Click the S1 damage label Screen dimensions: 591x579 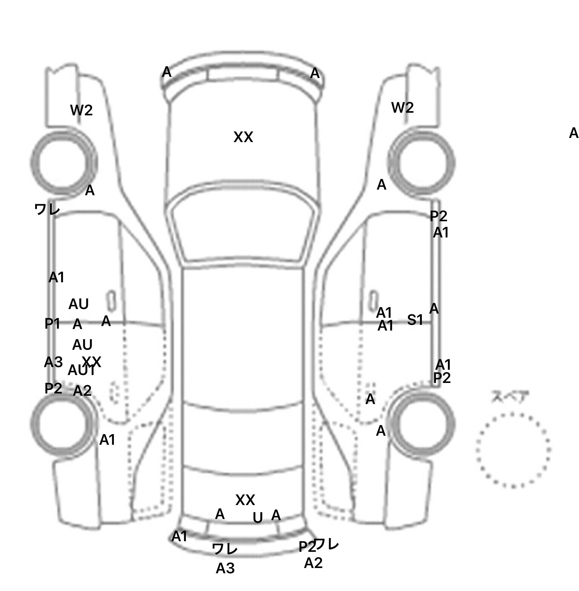tap(415, 320)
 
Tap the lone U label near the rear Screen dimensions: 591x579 tap(257, 518)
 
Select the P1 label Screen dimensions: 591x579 tap(52, 323)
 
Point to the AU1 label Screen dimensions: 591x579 tap(81, 371)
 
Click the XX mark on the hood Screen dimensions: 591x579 tap(243, 137)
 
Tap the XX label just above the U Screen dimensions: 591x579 tap(245, 500)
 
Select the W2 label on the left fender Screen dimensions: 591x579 tap(81, 110)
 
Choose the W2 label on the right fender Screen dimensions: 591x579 tap(402, 108)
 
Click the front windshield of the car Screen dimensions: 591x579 tap(243, 228)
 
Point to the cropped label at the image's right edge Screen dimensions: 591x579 tap(574, 133)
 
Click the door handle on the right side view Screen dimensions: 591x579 tap(374, 300)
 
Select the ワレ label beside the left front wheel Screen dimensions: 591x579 tap(47, 209)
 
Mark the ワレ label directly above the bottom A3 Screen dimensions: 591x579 tap(225, 548)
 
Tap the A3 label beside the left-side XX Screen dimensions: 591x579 tap(53, 362)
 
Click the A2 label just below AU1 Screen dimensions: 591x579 tap(82, 391)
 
